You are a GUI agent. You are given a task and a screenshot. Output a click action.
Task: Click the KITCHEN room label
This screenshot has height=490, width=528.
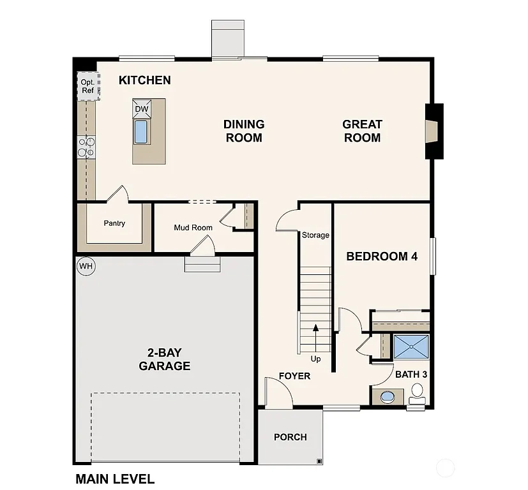click(x=145, y=80)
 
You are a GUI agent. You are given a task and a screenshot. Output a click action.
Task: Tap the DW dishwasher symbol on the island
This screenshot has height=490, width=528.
click(x=141, y=109)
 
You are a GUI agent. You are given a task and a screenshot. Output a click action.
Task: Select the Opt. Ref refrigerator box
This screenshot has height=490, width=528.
click(x=87, y=86)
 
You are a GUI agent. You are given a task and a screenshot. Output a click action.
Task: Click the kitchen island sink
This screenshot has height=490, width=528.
click(x=140, y=131)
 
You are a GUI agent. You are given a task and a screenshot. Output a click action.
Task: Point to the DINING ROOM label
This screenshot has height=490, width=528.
click(x=244, y=131)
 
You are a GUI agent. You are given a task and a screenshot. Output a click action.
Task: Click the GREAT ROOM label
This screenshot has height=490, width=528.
click(x=362, y=131)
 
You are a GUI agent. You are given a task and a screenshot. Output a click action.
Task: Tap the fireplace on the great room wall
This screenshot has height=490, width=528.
click(x=433, y=131)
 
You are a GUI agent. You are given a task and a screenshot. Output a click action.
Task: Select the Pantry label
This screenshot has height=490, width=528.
click(x=114, y=223)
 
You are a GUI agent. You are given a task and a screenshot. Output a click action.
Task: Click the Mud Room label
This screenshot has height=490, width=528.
click(x=193, y=228)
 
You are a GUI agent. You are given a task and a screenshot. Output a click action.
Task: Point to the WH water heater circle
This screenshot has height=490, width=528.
click(x=86, y=265)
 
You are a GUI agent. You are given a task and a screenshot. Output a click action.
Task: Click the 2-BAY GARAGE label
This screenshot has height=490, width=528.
click(x=165, y=359)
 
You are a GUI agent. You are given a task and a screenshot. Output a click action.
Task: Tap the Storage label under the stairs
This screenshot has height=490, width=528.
click(x=315, y=235)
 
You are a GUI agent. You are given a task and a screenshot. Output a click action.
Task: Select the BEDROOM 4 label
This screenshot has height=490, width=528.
click(x=382, y=256)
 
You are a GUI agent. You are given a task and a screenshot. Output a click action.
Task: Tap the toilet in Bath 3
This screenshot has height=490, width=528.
click(x=418, y=393)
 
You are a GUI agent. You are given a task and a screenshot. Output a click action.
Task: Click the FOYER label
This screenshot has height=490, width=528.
click(x=294, y=376)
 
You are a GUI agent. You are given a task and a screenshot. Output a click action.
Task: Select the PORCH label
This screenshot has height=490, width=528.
click(x=290, y=437)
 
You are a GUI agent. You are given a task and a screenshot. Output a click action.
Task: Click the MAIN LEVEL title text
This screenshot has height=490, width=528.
click(x=115, y=479)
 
